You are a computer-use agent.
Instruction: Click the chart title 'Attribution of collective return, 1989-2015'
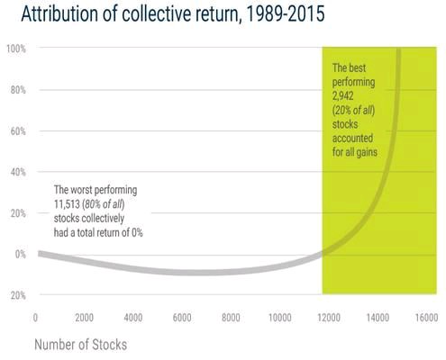coord(173,13)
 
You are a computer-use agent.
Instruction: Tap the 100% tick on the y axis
coord(16,49)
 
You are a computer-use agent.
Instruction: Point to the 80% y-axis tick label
coord(18,90)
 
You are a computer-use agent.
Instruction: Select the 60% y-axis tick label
coord(18,131)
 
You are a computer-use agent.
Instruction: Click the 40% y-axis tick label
coord(18,172)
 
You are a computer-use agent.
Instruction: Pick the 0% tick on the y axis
coord(21,255)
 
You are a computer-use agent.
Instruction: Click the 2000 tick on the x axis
coord(84,318)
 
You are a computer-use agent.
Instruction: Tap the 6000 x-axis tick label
coord(182,318)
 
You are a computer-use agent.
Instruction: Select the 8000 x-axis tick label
coord(231,318)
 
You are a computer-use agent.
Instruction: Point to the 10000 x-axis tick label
coord(280,318)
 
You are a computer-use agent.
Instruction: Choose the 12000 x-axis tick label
coord(329,318)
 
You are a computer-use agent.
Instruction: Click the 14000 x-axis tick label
coord(378,318)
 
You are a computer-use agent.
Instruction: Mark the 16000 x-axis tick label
coord(427,318)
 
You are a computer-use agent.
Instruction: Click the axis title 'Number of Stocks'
coord(81,345)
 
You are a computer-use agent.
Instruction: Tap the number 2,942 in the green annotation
coord(343,96)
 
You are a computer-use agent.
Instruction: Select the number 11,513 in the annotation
coord(67,204)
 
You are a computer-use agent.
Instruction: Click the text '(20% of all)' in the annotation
coord(353,111)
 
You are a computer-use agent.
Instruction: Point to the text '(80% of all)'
coord(104,204)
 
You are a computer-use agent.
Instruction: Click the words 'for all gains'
coord(355,152)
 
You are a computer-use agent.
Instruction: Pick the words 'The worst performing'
coord(96,190)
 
